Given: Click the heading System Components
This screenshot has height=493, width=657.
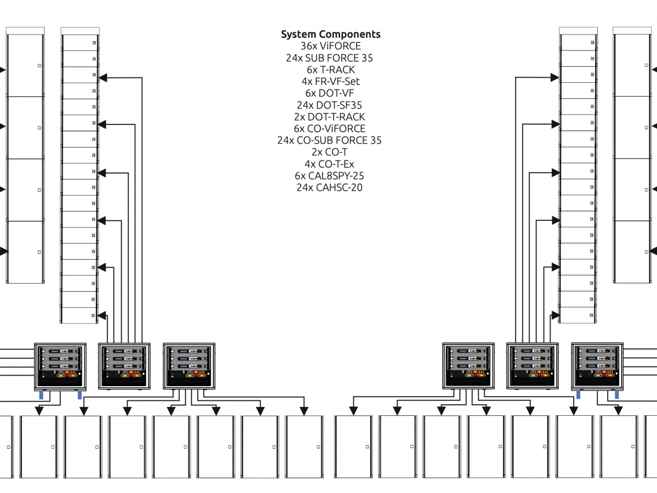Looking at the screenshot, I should [x=330, y=35].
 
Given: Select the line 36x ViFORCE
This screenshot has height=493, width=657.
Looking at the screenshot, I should [x=330, y=46].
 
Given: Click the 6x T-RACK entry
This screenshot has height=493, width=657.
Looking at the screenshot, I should [x=330, y=70].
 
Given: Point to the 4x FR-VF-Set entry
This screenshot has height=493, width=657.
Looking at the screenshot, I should [x=330, y=82].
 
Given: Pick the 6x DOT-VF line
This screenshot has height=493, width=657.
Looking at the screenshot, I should [x=330, y=93].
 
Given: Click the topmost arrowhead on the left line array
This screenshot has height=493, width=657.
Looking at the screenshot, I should [x=102, y=78].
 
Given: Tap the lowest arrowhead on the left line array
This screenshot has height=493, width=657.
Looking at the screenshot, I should [x=102, y=316].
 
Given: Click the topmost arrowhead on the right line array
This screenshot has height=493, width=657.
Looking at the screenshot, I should [x=555, y=78].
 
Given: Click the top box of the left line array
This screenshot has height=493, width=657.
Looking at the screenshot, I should [x=79, y=43].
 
